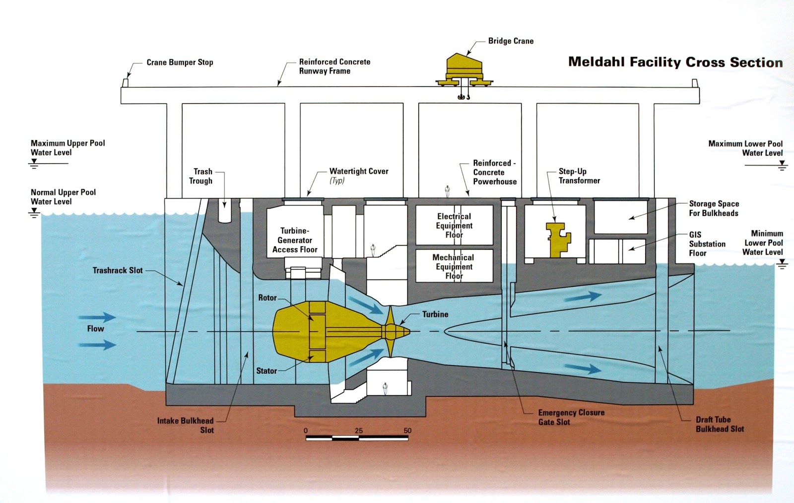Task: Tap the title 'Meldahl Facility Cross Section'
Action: [x=675, y=62]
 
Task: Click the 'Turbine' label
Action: [x=435, y=314]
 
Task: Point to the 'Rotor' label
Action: [x=267, y=298]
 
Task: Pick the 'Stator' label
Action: [x=266, y=371]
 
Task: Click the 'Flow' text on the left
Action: [x=95, y=329]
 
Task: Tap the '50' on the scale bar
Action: [x=407, y=431]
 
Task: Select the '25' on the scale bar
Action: [x=359, y=431]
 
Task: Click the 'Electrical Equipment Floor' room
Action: [x=454, y=225]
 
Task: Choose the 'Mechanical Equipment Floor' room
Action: [x=454, y=267]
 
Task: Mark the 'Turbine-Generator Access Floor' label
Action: [x=295, y=240]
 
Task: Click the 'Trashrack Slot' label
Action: [x=118, y=271]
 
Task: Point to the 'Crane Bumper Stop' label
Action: [x=180, y=63]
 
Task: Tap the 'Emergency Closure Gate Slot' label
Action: [x=571, y=417]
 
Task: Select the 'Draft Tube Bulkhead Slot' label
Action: [x=719, y=424]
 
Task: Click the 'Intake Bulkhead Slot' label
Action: [x=186, y=425]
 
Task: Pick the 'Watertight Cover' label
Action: [x=359, y=171]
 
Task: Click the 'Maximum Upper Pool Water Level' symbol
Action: [x=34, y=163]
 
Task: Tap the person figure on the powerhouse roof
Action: [x=447, y=191]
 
